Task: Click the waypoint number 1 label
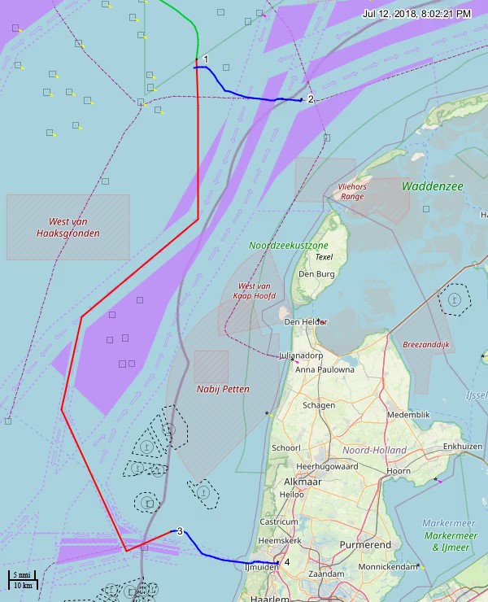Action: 206,59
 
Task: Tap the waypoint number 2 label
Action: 311,99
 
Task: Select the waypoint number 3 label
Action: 180,531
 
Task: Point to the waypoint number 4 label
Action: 287,561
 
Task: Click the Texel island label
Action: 325,257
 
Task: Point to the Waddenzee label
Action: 432,186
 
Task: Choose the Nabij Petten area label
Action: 223,389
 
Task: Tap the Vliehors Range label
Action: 352,191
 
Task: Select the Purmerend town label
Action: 365,544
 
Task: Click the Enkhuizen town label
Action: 462,447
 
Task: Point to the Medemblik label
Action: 408,414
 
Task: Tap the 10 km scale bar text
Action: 22,586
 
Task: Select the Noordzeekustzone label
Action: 289,245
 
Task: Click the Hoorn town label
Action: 399,471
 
